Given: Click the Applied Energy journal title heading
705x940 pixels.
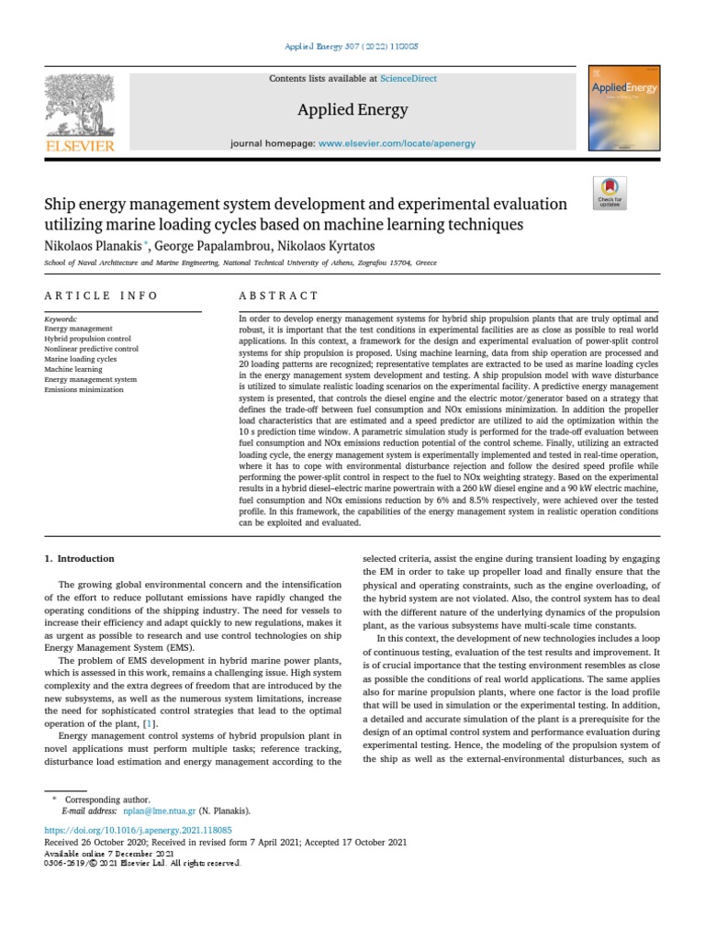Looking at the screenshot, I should click(x=352, y=110).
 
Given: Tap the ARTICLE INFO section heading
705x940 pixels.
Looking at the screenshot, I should click(x=101, y=296).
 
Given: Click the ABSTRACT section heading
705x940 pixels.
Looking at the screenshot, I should click(x=278, y=296).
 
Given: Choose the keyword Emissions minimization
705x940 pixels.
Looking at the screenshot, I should click(x=84, y=389).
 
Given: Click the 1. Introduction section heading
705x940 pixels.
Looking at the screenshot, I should click(x=80, y=558).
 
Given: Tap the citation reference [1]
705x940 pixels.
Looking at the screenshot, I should click(x=174, y=724).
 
